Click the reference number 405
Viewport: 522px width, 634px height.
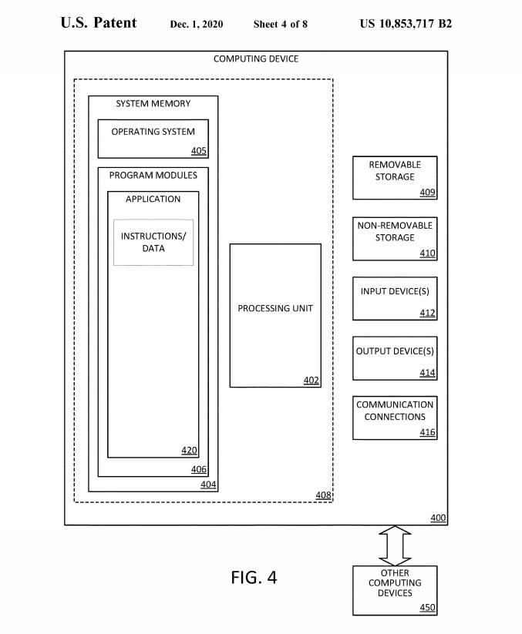199,150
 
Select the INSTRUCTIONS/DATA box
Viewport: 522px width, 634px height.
153,242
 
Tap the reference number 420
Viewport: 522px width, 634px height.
190,451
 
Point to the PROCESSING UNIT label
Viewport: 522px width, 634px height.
275,308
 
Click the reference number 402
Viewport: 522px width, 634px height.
311,380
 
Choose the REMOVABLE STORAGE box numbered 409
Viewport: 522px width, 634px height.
395,177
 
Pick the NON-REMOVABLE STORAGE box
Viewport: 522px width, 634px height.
395,238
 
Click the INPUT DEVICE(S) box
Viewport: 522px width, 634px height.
395,298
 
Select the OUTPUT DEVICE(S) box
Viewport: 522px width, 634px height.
395,358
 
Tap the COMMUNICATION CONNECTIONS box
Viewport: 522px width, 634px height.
395,418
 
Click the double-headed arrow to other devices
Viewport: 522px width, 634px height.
395,545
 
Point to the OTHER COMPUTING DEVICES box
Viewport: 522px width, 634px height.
395,590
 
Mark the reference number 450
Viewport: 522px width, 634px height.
427,608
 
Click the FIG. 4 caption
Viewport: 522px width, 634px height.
254,577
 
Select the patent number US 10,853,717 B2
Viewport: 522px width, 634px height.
406,23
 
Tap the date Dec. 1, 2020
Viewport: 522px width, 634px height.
197,25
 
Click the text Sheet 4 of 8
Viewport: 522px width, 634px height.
281,25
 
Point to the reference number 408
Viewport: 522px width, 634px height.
324,495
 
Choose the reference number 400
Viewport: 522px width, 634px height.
438,518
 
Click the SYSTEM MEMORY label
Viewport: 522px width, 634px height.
153,103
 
